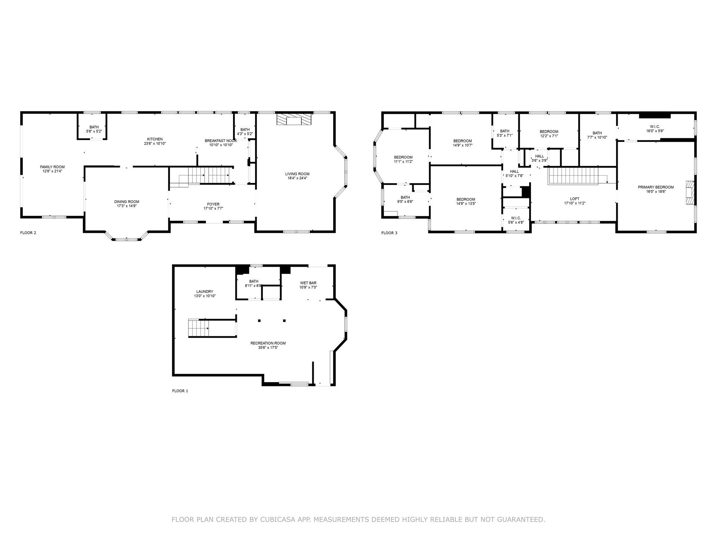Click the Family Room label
pos(52,167)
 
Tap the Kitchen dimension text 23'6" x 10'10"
pos(155,143)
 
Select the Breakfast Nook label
pos(221,141)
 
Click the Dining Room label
pos(127,202)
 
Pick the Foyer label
pos(214,204)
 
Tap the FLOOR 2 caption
pos(28,233)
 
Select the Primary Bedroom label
pos(656,187)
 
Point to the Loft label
pos(575,199)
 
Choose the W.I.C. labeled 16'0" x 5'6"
pos(655,126)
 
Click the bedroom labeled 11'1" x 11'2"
pos(403,157)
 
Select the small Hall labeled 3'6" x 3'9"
pos(540,156)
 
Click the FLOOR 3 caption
pos(389,233)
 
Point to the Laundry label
pos(205,292)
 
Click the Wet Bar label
pos(308,283)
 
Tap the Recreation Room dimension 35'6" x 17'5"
pos(268,347)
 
